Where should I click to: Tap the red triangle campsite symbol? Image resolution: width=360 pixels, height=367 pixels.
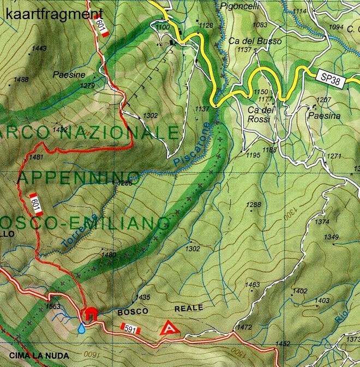[168, 328]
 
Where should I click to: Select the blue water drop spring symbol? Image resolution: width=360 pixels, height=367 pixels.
[81, 328]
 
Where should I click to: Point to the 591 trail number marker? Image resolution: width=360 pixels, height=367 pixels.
[131, 329]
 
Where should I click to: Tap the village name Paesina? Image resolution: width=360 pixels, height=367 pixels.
[323, 116]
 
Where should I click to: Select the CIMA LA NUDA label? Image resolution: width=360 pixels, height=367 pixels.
[39, 356]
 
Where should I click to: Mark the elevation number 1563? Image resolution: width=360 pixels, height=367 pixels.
[53, 306]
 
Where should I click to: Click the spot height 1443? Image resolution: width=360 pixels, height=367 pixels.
[39, 49]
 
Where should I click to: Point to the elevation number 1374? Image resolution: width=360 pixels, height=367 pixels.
[322, 222]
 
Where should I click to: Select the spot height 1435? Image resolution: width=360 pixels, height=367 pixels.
[142, 297]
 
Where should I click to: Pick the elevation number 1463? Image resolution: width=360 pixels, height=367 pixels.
[253, 285]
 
